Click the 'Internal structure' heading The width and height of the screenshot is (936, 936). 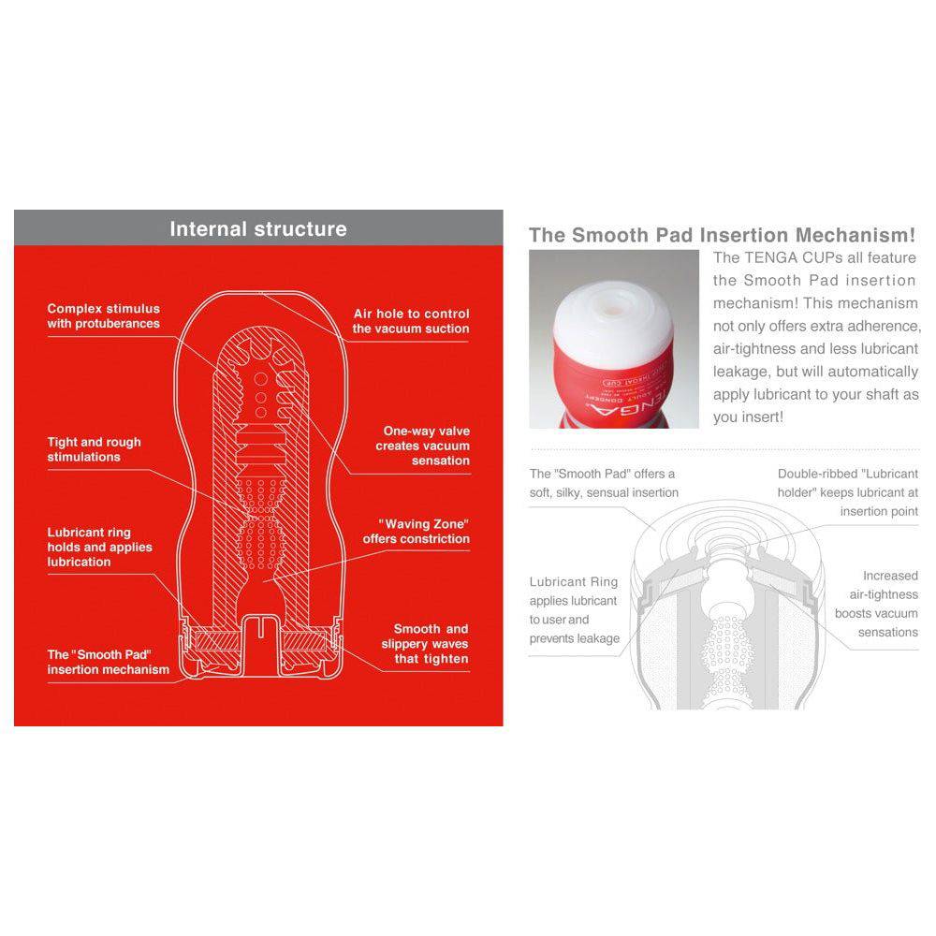pyautogui.click(x=257, y=229)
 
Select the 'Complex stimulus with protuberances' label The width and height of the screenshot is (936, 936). pyautogui.click(x=103, y=316)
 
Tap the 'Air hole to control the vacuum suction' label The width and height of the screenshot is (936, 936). pyautogui.click(x=411, y=321)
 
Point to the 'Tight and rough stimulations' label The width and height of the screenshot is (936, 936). pyautogui.click(x=94, y=449)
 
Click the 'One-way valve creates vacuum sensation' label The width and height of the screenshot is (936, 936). pyautogui.click(x=422, y=446)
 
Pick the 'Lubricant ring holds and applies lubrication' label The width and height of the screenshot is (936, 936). pyautogui.click(x=99, y=548)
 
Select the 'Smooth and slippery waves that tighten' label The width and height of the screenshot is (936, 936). pyautogui.click(x=424, y=644)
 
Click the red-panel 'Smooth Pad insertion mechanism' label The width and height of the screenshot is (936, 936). pyautogui.click(x=108, y=662)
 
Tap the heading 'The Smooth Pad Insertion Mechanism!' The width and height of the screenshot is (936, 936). pyautogui.click(x=722, y=235)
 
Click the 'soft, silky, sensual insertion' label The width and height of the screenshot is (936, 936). pyautogui.click(x=604, y=492)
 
